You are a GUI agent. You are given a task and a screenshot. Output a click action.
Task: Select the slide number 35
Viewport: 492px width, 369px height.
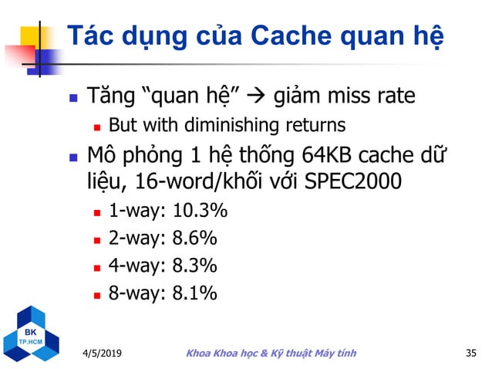tap(472, 354)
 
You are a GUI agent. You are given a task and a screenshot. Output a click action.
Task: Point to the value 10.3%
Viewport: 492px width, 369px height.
tap(196, 212)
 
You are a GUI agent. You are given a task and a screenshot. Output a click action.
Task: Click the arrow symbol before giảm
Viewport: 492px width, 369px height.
tap(262, 97)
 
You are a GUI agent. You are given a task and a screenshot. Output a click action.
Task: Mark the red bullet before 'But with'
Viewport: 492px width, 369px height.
tap(97, 125)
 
